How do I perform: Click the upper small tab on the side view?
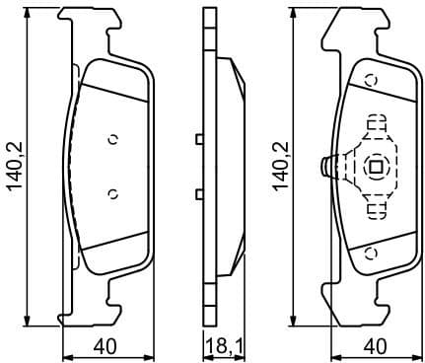(200, 139)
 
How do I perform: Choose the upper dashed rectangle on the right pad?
(376, 125)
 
